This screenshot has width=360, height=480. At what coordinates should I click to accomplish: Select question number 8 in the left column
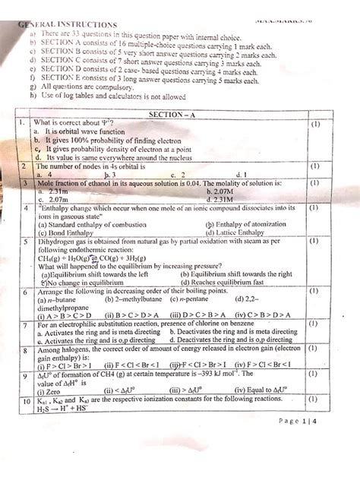pos(24,352)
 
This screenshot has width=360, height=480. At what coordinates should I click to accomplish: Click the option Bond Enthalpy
pos(68,232)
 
